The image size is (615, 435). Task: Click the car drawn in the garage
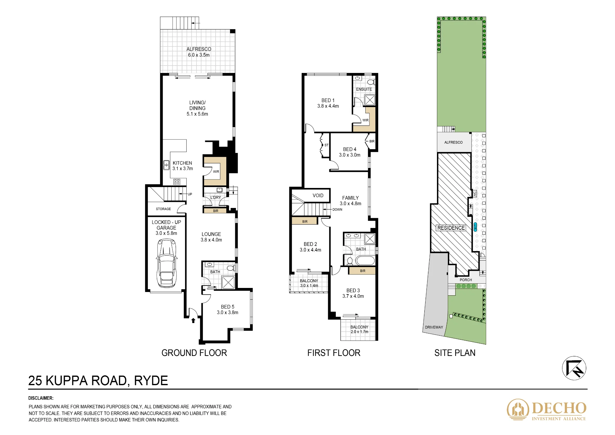coord(167,263)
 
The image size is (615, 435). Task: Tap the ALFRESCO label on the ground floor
coord(199,49)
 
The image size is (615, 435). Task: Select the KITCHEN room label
coord(182,163)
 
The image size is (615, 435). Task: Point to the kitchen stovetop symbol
coord(177,182)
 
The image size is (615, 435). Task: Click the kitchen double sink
coord(166,165)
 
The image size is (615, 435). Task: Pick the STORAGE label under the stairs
coord(163,209)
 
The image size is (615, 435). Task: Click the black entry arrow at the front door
coord(193,320)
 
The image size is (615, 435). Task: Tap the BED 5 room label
coord(228,307)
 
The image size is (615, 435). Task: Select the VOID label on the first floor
coord(318,196)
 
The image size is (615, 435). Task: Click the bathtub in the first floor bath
coord(365,261)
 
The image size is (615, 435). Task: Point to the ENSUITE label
coord(364,89)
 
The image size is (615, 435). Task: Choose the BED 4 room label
coord(350,149)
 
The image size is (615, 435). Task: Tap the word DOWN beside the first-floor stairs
coord(337,210)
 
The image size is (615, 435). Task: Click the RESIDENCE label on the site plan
coord(451,228)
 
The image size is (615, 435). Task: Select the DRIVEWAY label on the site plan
coord(434,327)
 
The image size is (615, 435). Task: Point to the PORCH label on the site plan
coord(466,280)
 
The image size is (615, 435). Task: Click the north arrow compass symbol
coord(574,368)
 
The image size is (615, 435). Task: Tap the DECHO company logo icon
coord(518,409)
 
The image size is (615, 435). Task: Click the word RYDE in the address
coord(151,381)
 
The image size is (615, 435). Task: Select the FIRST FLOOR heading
coord(334,353)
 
